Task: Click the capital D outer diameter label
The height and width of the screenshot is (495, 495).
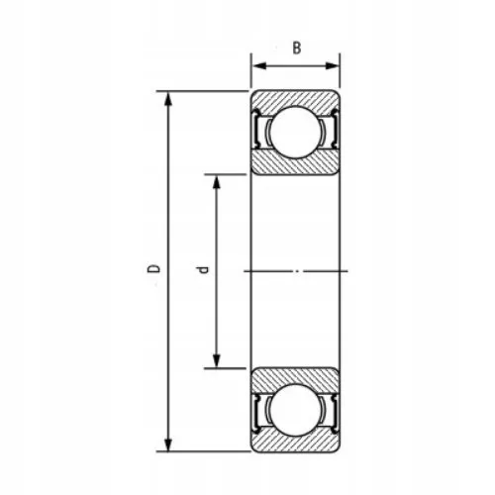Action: tap(151, 269)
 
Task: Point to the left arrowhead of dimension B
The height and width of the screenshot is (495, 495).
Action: tap(253, 66)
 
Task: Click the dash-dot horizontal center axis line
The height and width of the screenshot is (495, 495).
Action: tap(298, 269)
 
